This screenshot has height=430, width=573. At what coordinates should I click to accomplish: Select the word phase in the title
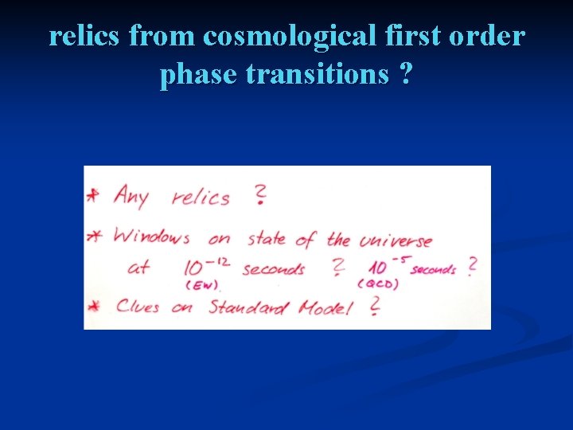(200, 74)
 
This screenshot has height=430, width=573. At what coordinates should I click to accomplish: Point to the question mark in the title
(407, 74)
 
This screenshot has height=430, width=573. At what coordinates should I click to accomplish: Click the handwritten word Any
(131, 195)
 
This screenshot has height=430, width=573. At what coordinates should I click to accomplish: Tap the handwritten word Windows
(152, 236)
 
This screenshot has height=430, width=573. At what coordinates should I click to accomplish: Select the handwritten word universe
(396, 240)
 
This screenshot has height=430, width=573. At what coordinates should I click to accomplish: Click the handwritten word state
(269, 238)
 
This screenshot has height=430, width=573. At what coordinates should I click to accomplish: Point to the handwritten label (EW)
(201, 284)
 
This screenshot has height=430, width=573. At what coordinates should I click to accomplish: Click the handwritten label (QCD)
(378, 284)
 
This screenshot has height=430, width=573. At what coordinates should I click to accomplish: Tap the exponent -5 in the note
(397, 256)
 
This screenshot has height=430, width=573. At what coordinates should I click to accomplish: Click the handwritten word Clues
(138, 306)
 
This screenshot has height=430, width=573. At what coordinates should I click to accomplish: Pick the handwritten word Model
(325, 307)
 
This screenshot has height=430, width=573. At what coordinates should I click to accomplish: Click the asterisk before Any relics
(95, 195)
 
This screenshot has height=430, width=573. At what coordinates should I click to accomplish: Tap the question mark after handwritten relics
(259, 195)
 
